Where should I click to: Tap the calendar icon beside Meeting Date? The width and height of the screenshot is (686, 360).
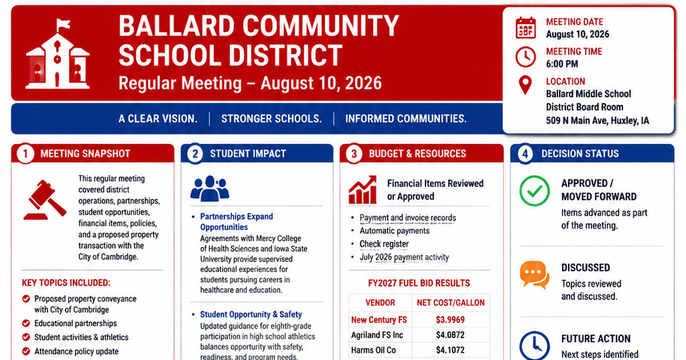(x=525, y=28)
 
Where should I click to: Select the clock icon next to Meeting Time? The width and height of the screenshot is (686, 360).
(x=525, y=57)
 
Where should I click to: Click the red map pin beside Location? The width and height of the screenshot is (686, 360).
(x=525, y=85)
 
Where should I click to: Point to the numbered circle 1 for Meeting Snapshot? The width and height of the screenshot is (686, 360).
(x=25, y=153)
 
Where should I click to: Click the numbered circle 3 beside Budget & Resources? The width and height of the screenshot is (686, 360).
(x=354, y=153)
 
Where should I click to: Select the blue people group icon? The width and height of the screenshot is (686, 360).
(x=210, y=188)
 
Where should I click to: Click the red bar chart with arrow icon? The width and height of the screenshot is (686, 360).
(x=362, y=190)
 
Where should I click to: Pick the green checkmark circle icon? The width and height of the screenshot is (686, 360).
(x=535, y=191)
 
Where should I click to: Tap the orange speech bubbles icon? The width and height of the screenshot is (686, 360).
(x=535, y=275)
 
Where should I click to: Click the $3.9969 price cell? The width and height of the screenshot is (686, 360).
(x=450, y=319)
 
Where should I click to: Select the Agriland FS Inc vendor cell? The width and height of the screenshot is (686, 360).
(x=377, y=335)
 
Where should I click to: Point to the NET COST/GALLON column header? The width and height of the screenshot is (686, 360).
(x=451, y=303)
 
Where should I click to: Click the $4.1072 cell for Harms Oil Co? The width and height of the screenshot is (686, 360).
(x=450, y=350)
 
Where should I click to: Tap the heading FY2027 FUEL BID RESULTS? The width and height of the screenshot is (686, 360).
(x=419, y=283)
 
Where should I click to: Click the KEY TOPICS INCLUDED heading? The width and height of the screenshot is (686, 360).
(x=66, y=282)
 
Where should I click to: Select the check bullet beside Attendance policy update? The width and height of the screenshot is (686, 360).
(x=26, y=351)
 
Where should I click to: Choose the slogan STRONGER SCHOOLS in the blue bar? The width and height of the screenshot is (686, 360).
(x=272, y=119)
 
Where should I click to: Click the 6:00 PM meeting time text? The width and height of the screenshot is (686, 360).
(x=562, y=64)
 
